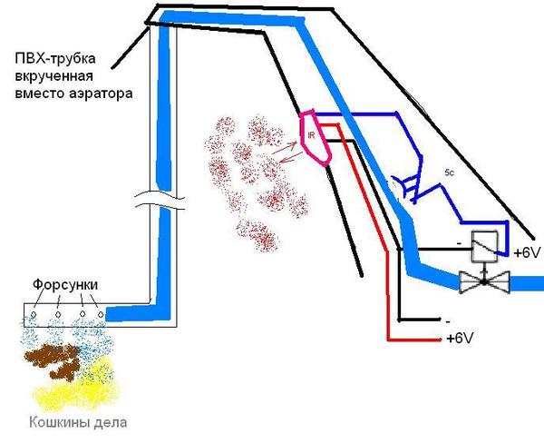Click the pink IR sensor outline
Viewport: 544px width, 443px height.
coord(315,137)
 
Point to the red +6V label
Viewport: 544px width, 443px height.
coord(461,339)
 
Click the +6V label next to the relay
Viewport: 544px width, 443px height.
coord(528,253)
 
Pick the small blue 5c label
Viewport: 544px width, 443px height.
coord(450,172)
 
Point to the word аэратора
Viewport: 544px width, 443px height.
coord(115,93)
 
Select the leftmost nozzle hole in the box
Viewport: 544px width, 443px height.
coord(34,315)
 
